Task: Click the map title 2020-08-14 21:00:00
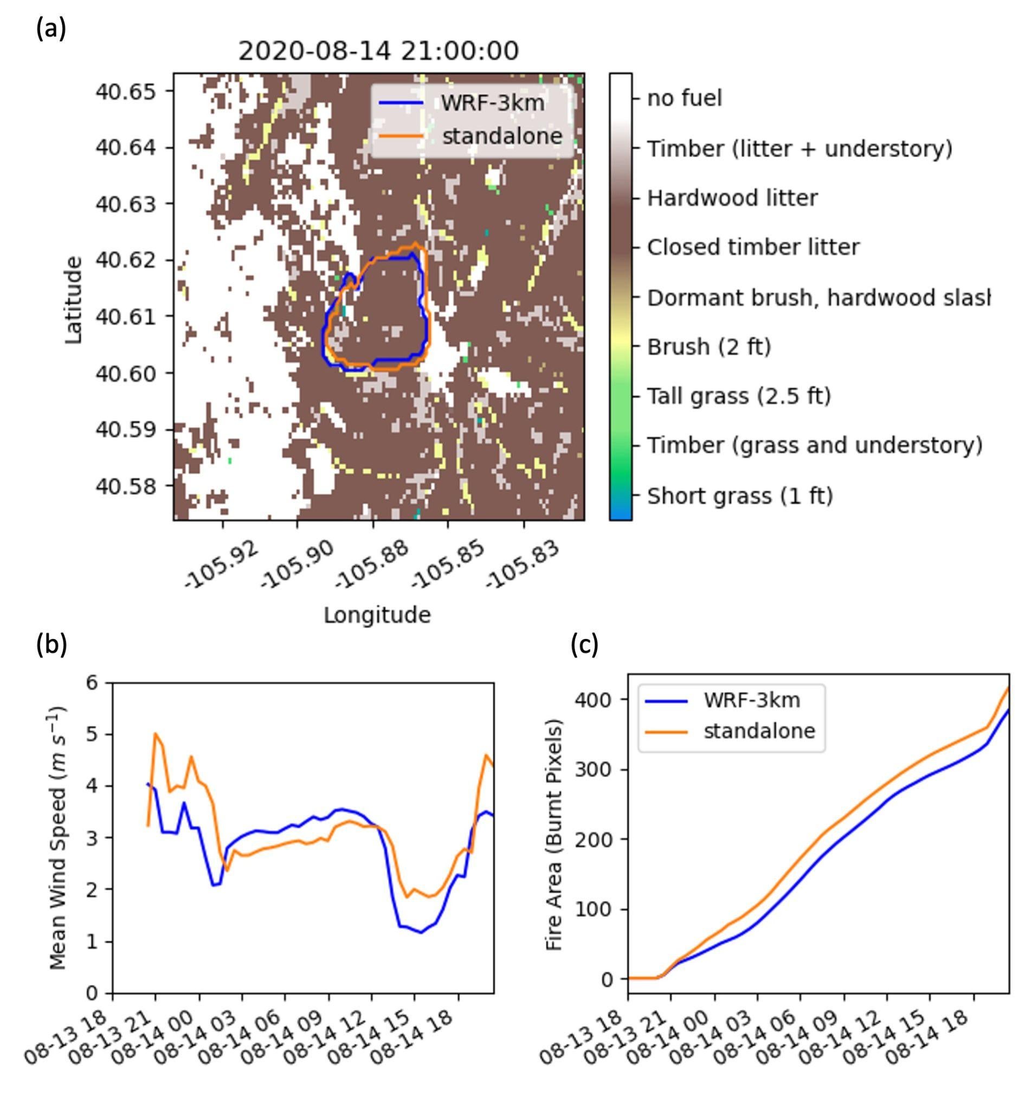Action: pos(378,51)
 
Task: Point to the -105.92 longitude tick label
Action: pos(223,564)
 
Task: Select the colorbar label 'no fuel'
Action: pos(684,99)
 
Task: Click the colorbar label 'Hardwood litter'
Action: pos(732,198)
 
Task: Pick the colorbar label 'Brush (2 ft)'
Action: pos(708,347)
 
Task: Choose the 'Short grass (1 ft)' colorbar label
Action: pos(740,495)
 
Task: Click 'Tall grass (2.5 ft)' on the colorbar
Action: pos(739,396)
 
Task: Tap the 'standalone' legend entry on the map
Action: pos(501,136)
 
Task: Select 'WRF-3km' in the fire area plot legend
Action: pos(751,700)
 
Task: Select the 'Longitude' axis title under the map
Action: pos(377,615)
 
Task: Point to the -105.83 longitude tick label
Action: pos(523,564)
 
